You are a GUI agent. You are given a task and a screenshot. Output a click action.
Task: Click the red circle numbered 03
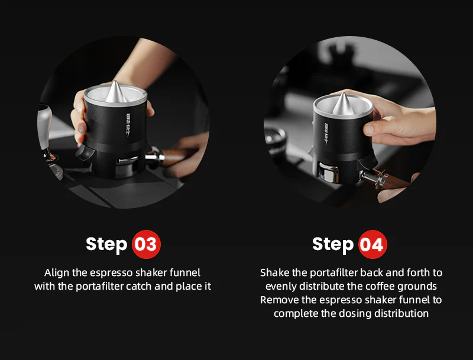(145, 244)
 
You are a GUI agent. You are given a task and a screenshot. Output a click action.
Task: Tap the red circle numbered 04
(371, 244)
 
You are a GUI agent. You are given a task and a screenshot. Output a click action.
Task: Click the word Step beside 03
(106, 244)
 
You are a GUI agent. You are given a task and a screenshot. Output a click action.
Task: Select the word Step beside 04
(333, 244)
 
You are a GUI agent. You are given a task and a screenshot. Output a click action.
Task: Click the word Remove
(279, 300)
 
